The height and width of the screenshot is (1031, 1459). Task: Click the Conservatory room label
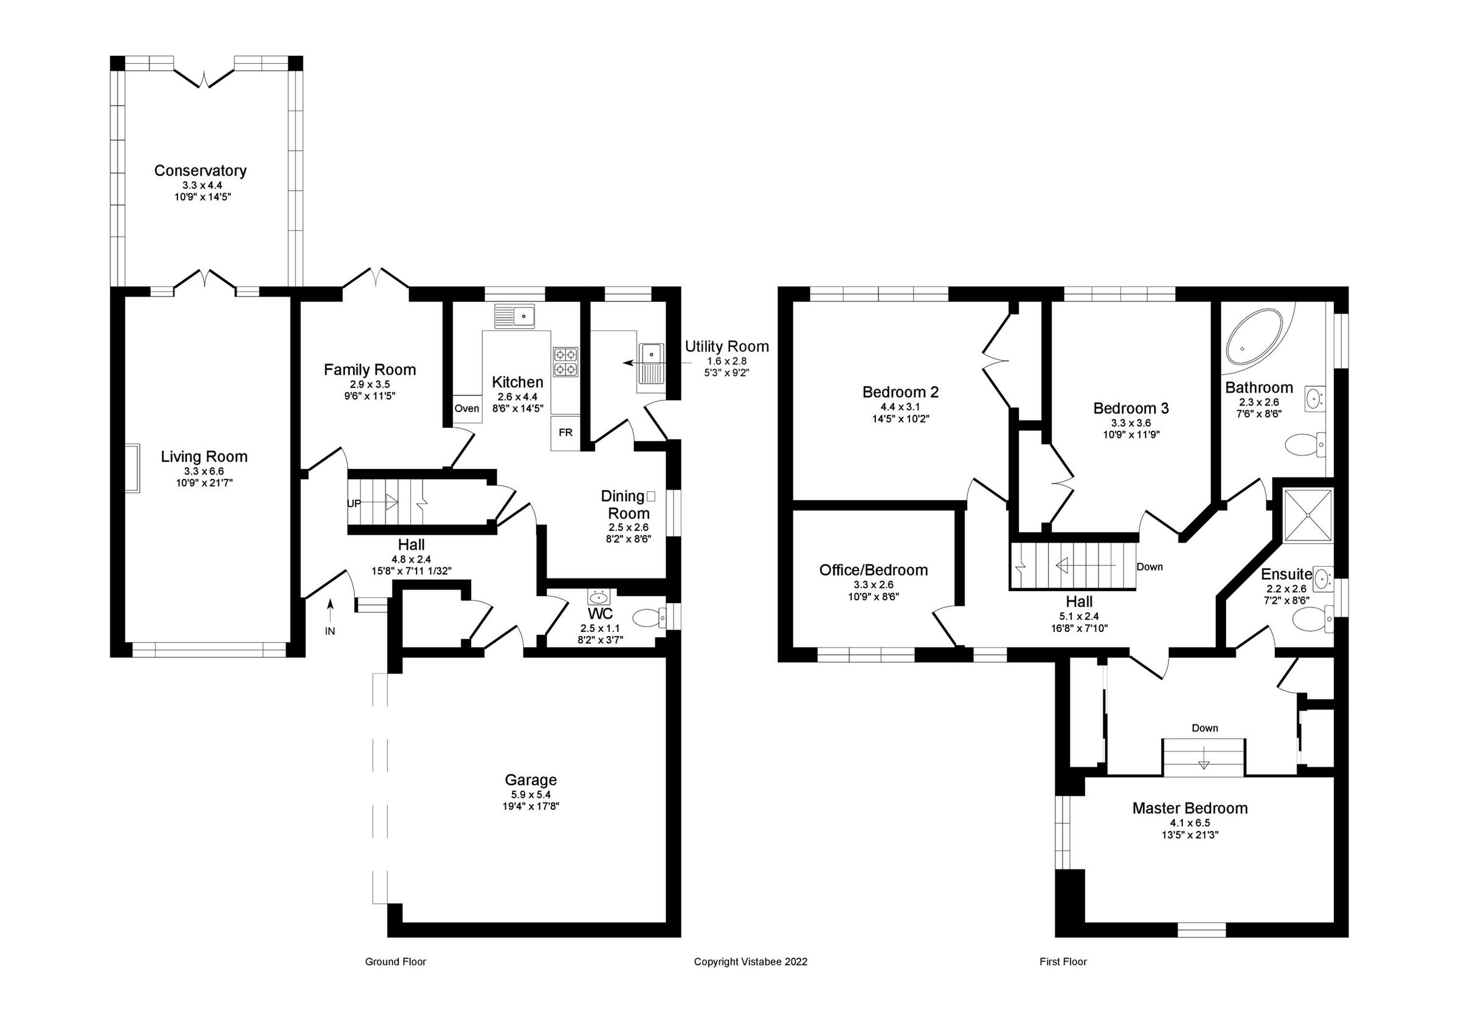click(x=200, y=170)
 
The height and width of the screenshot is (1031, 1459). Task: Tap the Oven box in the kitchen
click(x=466, y=408)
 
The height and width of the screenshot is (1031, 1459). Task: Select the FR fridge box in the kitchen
click(x=565, y=433)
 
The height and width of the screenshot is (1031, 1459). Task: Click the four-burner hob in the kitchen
click(x=565, y=361)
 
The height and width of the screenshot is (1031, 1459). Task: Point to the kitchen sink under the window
click(x=516, y=315)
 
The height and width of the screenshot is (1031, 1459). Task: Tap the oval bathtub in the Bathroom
click(x=1250, y=337)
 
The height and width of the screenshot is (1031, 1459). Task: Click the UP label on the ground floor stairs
click(x=354, y=503)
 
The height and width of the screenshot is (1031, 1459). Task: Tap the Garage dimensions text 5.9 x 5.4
click(x=531, y=795)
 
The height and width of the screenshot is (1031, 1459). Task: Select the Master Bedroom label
click(x=1190, y=808)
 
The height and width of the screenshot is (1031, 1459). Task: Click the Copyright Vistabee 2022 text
click(x=750, y=962)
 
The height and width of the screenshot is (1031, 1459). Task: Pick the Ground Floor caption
click(x=395, y=962)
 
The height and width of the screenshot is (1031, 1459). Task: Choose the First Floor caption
click(x=1063, y=962)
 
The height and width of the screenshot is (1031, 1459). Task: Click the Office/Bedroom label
click(x=873, y=570)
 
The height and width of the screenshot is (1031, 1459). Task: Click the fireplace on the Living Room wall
click(x=132, y=468)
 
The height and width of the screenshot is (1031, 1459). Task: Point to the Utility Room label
click(x=726, y=347)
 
